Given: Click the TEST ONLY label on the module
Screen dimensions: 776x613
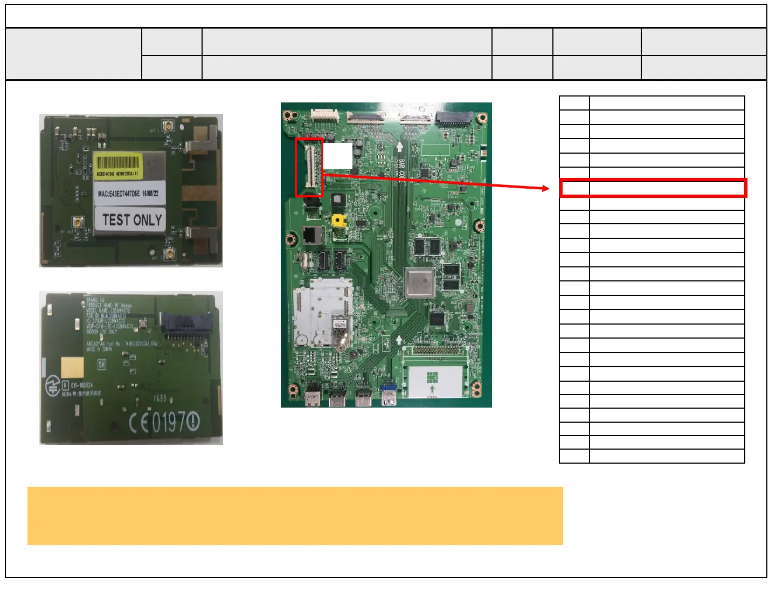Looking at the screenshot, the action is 131,220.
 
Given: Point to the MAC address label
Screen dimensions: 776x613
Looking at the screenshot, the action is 128,193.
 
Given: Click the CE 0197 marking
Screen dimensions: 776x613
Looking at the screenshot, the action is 164,423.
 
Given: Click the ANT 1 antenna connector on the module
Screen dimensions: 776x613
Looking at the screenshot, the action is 169,126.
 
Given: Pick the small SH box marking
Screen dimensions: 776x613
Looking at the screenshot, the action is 102,364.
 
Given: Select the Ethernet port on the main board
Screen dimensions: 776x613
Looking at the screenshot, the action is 311,235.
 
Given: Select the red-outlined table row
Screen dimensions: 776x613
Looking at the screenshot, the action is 653,188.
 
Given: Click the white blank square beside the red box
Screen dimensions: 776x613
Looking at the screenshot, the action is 337,156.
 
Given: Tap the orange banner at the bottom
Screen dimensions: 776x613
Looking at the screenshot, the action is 295,516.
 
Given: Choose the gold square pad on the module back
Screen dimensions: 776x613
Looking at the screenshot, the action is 72,368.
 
